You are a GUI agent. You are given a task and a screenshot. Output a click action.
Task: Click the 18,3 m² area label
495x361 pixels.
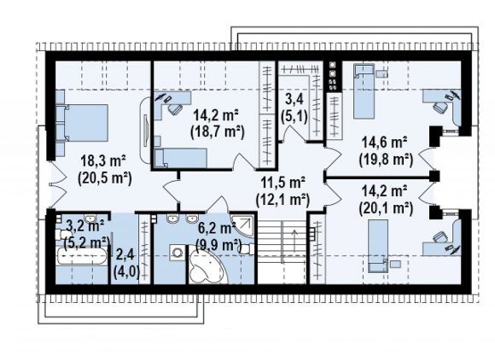(103, 160)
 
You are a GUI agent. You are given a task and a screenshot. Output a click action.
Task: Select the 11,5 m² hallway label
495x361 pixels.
(282, 182)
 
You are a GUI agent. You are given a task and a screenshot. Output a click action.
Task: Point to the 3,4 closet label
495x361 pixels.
(294, 99)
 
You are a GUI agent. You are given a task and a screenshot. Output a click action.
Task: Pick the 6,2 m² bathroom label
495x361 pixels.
(217, 228)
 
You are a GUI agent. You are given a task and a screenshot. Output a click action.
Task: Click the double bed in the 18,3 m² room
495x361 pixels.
(82, 123)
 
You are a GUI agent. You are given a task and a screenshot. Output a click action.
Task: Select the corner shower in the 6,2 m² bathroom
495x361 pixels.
(242, 226)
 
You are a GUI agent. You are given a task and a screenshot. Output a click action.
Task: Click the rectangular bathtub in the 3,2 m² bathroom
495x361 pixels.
(81, 256)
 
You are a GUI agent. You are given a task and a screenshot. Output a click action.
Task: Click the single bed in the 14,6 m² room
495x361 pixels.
(364, 91)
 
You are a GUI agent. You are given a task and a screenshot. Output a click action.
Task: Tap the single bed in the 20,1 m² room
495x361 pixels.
(378, 246)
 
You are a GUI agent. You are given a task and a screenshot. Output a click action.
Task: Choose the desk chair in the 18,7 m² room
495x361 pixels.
(175, 108)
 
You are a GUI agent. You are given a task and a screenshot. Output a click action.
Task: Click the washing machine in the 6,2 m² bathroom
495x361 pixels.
(178, 252)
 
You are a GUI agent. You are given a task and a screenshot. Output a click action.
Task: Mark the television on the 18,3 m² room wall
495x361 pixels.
(146, 131)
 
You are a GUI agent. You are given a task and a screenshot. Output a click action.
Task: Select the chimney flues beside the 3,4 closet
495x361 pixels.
(333, 75)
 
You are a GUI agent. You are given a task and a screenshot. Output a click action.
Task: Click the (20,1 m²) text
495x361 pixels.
(386, 208)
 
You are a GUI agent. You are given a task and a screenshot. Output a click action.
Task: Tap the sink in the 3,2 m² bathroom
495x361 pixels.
(91, 218)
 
